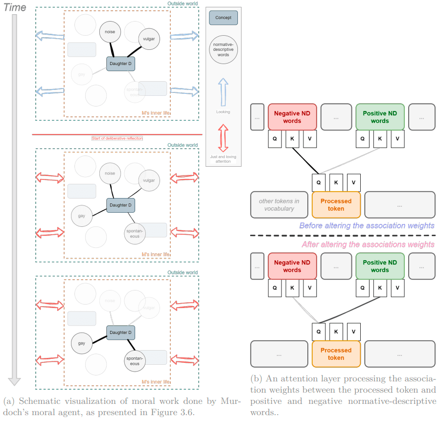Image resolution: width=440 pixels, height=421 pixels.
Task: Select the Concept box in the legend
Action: (x=223, y=18)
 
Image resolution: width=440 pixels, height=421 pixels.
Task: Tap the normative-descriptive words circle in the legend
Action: (x=223, y=49)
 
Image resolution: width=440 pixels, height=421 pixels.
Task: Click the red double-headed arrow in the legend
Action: (x=223, y=138)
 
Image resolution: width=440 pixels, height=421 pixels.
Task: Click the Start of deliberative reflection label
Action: (x=117, y=138)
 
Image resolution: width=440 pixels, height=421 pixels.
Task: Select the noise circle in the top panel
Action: (x=110, y=33)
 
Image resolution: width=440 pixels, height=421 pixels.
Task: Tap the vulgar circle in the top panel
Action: (x=149, y=38)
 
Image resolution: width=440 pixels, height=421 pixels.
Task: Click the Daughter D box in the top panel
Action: (x=120, y=64)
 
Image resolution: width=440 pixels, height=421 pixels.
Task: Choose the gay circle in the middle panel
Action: (x=82, y=216)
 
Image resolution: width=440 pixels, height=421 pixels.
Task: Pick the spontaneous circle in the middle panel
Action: (x=135, y=234)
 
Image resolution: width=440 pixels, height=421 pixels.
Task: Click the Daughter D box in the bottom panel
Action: (x=120, y=332)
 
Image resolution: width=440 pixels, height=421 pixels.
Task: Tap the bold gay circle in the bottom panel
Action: (x=82, y=343)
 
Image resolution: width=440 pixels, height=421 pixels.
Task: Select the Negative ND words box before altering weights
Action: (x=292, y=117)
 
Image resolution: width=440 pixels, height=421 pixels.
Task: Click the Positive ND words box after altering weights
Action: (x=380, y=266)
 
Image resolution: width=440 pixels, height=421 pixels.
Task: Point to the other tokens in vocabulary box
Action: (x=279, y=204)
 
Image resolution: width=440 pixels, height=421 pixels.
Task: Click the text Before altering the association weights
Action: (x=367, y=225)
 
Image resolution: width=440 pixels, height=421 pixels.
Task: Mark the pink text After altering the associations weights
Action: (x=368, y=244)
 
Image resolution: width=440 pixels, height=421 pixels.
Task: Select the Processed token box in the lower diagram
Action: (x=336, y=354)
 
